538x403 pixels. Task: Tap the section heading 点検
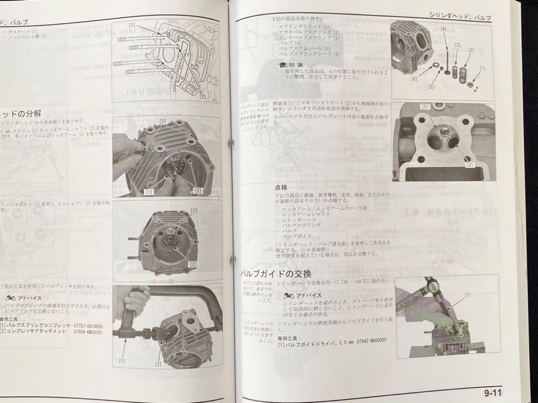click(x=281, y=187)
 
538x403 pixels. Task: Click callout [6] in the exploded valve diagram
click(x=415, y=79)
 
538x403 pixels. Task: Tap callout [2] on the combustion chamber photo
click(x=471, y=165)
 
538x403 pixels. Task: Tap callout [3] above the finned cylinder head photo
click(x=163, y=122)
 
